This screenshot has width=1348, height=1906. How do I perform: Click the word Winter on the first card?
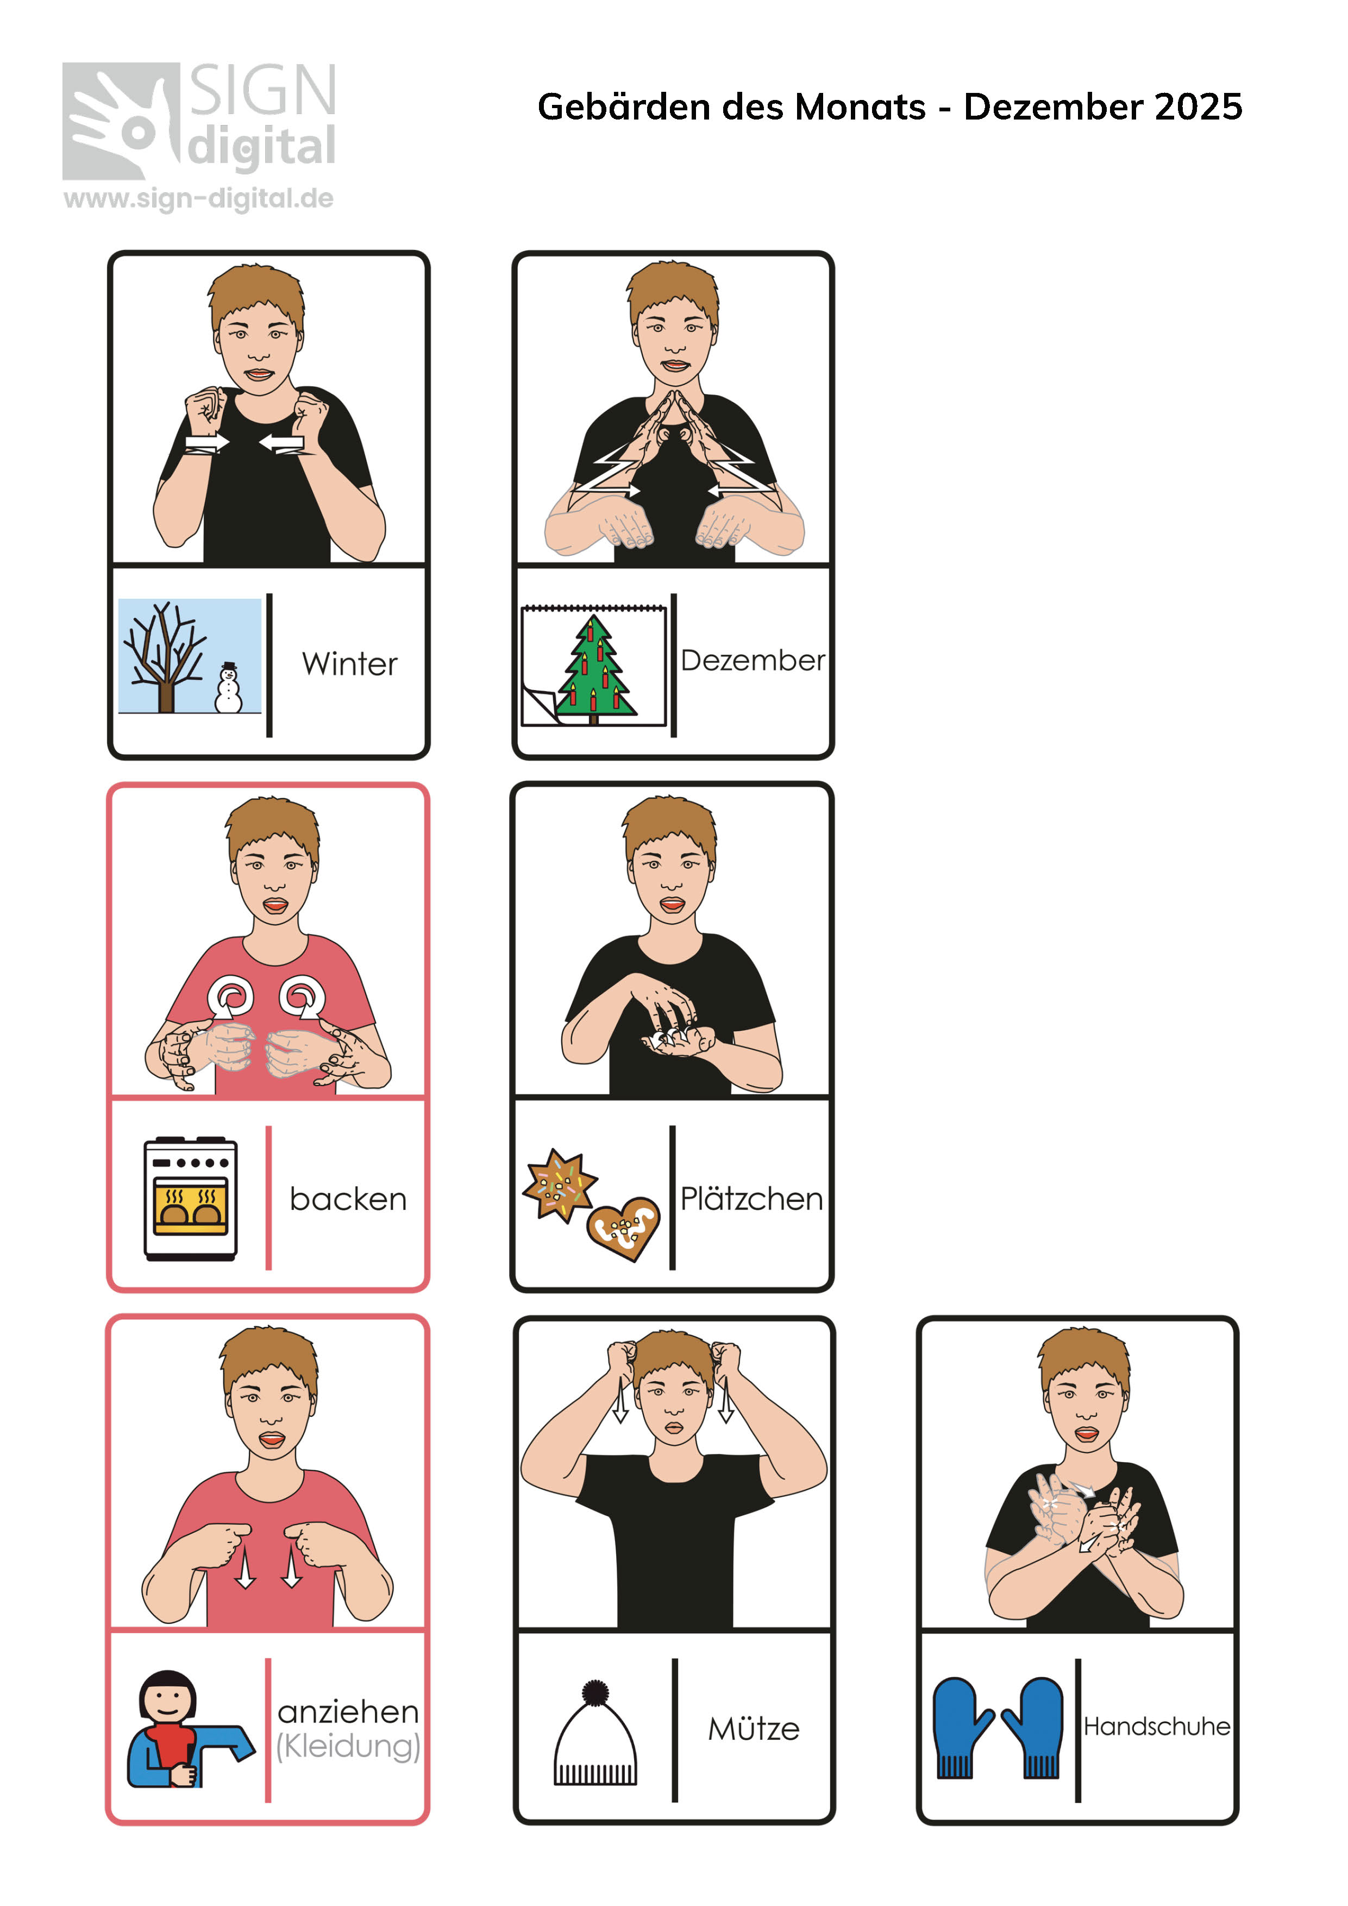[349, 664]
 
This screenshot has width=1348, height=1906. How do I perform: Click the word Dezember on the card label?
[753, 661]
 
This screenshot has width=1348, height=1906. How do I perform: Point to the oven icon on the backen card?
[191, 1199]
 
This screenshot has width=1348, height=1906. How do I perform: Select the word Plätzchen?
[752, 1199]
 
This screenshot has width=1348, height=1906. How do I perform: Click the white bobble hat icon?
[595, 1733]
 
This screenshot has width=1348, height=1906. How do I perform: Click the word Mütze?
[754, 1729]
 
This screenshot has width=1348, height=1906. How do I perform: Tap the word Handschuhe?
[1156, 1727]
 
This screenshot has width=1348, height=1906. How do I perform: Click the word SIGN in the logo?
[263, 91]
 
